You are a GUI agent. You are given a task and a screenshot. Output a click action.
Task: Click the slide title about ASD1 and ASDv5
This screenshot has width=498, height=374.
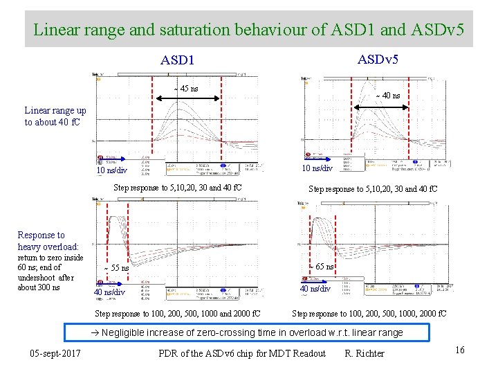pos(248,30)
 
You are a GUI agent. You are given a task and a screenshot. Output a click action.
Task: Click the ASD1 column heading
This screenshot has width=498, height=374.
pos(177,60)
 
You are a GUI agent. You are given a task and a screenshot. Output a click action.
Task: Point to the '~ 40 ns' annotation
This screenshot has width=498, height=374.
pos(387,96)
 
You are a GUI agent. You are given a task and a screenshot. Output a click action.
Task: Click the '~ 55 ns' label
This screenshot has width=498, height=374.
pos(116,268)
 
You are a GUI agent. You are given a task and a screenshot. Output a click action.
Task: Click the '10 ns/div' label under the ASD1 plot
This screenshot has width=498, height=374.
pos(111,170)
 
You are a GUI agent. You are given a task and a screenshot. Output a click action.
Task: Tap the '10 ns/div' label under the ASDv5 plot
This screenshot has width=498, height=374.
pos(317,168)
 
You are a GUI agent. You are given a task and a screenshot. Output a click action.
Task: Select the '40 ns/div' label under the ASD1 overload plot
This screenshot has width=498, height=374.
pos(109,292)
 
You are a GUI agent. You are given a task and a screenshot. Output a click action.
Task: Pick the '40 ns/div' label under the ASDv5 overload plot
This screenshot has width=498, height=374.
pos(315,289)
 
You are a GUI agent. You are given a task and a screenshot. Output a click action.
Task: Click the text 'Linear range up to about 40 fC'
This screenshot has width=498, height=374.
pos(55,116)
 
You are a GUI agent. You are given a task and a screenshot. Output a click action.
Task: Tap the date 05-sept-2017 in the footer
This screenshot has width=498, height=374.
pos(56,354)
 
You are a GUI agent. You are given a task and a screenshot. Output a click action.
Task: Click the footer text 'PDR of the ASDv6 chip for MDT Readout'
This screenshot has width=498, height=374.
pos(241,354)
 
